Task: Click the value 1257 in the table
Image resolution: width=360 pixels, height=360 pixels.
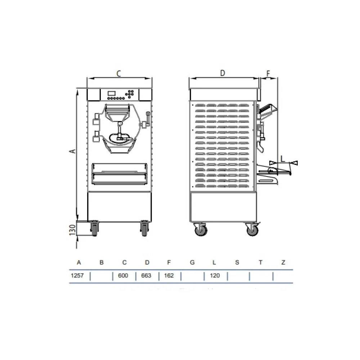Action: (77, 275)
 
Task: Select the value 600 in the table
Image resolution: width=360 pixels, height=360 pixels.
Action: (123, 275)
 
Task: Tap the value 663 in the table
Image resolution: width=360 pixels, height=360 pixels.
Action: (146, 275)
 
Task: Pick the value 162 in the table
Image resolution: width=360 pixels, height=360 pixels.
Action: (169, 275)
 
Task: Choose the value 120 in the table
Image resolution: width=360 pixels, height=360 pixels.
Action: (215, 275)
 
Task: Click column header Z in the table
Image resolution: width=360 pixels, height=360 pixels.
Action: (283, 262)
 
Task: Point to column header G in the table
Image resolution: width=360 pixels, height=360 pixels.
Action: (192, 262)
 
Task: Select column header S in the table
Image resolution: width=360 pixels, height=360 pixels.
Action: (237, 262)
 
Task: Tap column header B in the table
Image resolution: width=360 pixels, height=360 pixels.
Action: (102, 262)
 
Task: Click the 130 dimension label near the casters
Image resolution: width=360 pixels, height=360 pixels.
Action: (73, 230)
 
